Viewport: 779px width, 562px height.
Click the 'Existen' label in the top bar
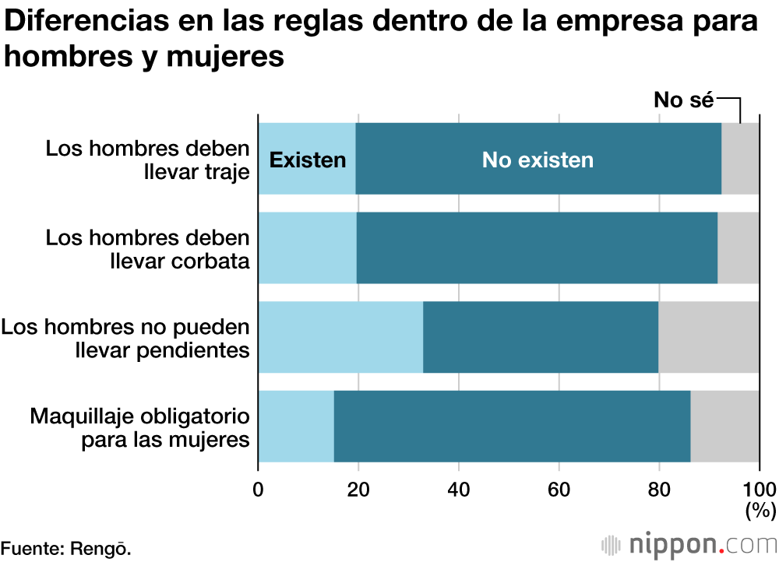pos(307,160)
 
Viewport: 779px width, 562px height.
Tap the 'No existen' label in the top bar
pos(538,160)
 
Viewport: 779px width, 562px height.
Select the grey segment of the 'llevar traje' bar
pos(740,159)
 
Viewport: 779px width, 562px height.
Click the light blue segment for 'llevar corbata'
pos(307,248)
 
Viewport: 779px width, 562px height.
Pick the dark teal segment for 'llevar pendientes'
pos(541,337)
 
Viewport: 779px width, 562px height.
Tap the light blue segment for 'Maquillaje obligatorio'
pos(296,427)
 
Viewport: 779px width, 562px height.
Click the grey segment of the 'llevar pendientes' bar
pos(709,337)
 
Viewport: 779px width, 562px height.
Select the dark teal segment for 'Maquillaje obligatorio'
pos(512,427)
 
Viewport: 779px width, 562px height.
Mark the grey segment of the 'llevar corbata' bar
pos(738,248)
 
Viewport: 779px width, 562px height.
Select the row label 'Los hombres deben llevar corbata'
pos(148,248)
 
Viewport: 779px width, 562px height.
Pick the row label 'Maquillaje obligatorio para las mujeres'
pos(140,427)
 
